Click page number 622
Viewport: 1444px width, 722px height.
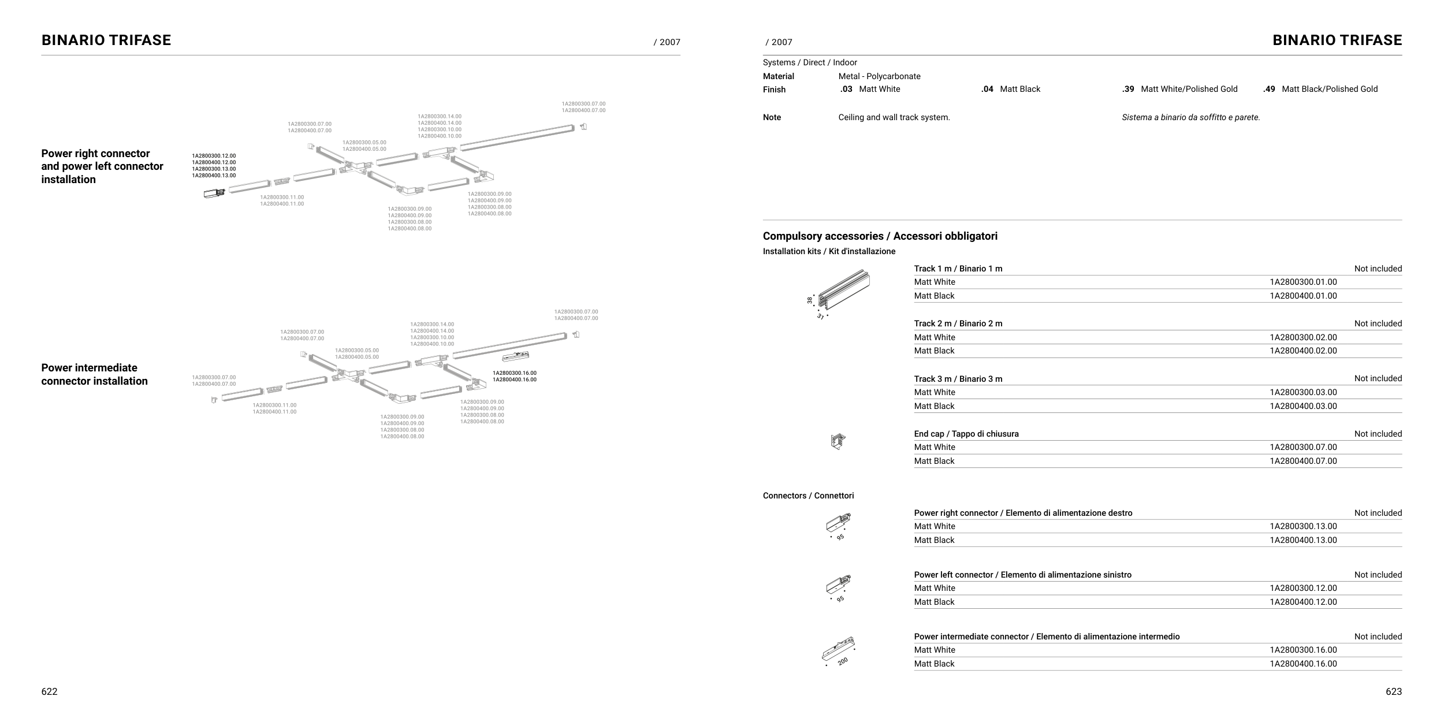tap(49, 691)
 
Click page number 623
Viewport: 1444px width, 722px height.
tap(1393, 691)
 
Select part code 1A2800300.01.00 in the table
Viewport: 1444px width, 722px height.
tap(1303, 282)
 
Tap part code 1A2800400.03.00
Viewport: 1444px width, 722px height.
tap(1303, 406)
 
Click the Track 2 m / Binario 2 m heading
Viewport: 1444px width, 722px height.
tap(958, 323)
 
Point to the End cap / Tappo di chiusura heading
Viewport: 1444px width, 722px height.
tap(966, 434)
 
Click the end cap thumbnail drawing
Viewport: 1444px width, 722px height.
tap(838, 442)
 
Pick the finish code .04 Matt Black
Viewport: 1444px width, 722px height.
tap(1010, 89)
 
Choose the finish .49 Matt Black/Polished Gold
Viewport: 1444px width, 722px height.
tap(1320, 89)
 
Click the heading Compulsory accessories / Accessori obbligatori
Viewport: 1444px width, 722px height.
tap(880, 236)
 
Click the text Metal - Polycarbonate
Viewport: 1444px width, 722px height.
tap(879, 76)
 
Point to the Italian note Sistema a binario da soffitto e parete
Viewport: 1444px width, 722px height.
tap(1190, 117)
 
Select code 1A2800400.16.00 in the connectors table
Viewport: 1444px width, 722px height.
tap(1303, 664)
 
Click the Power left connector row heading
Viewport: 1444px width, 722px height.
tap(1022, 575)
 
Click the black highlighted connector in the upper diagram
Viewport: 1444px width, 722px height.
tap(214, 193)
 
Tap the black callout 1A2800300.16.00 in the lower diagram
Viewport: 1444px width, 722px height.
tap(514, 373)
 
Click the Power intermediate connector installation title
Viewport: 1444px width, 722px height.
tap(94, 374)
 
